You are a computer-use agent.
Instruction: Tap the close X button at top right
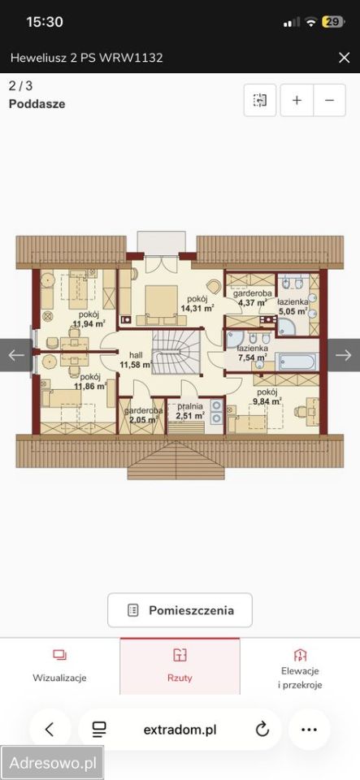pyautogui.click(x=344, y=58)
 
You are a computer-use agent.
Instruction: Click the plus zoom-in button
pyautogui.click(x=297, y=100)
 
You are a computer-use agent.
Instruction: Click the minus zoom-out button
pyautogui.click(x=329, y=100)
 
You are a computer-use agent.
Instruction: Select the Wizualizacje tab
pyautogui.click(x=59, y=665)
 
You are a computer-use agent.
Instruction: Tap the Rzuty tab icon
pyautogui.click(x=180, y=655)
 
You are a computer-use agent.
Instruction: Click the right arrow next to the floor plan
pyautogui.click(x=344, y=355)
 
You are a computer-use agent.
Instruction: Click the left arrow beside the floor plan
pyautogui.click(x=16, y=355)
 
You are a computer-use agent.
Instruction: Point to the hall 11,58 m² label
pyautogui.click(x=136, y=360)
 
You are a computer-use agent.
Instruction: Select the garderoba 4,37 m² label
pyautogui.click(x=253, y=298)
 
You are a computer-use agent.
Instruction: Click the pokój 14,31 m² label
pyautogui.click(x=197, y=303)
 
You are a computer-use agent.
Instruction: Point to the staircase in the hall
pyautogui.click(x=176, y=352)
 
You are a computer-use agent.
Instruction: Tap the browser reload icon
pyautogui.click(x=262, y=730)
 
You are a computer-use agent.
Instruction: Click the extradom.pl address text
pyautogui.click(x=180, y=730)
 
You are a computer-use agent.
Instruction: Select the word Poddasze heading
pyautogui.click(x=37, y=104)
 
